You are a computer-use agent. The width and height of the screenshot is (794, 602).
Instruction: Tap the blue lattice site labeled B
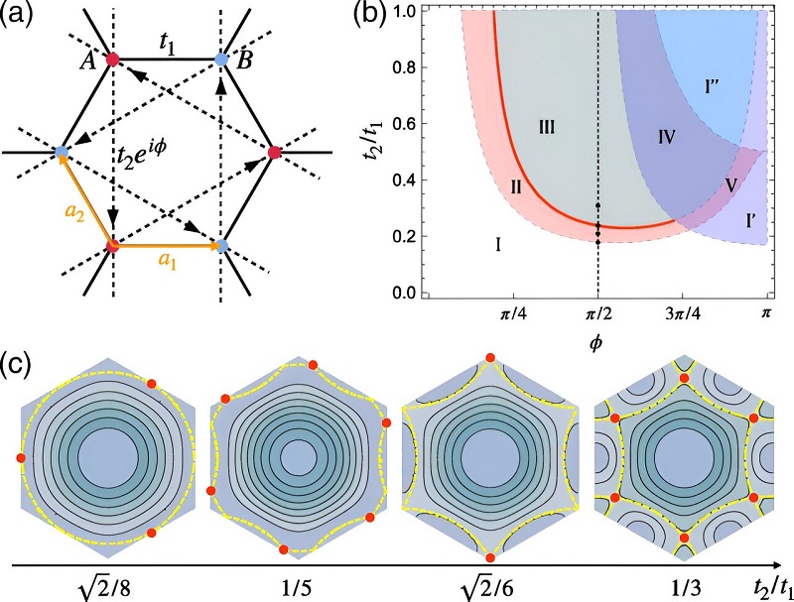point(222,60)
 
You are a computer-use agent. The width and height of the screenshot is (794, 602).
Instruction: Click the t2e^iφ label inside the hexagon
point(149,155)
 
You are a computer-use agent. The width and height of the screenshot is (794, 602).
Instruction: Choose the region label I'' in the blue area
point(713,86)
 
